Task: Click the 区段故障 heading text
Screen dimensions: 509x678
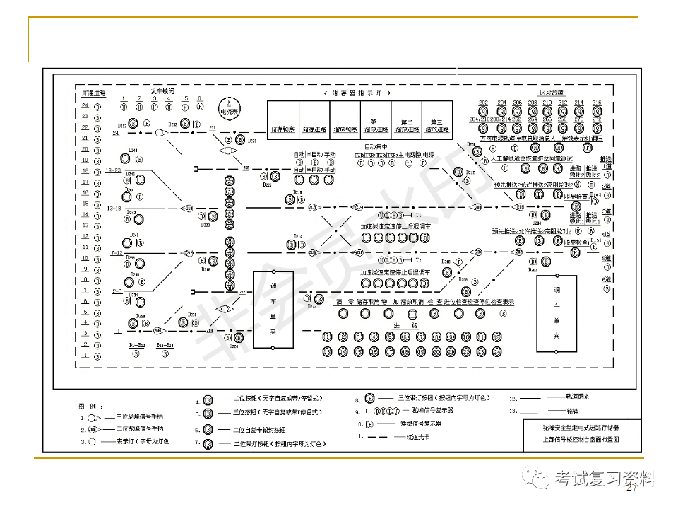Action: click(551, 93)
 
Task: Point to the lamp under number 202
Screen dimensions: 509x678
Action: click(483, 111)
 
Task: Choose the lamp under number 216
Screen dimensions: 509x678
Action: click(597, 111)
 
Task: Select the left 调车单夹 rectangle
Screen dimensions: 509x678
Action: click(273, 311)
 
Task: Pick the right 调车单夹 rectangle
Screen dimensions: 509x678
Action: click(557, 313)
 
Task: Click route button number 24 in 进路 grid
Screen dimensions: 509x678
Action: click(496, 351)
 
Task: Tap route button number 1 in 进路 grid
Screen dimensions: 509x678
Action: click(327, 337)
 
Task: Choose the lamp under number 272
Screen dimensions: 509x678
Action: click(597, 128)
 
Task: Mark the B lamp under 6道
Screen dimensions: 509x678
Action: click(606, 289)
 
